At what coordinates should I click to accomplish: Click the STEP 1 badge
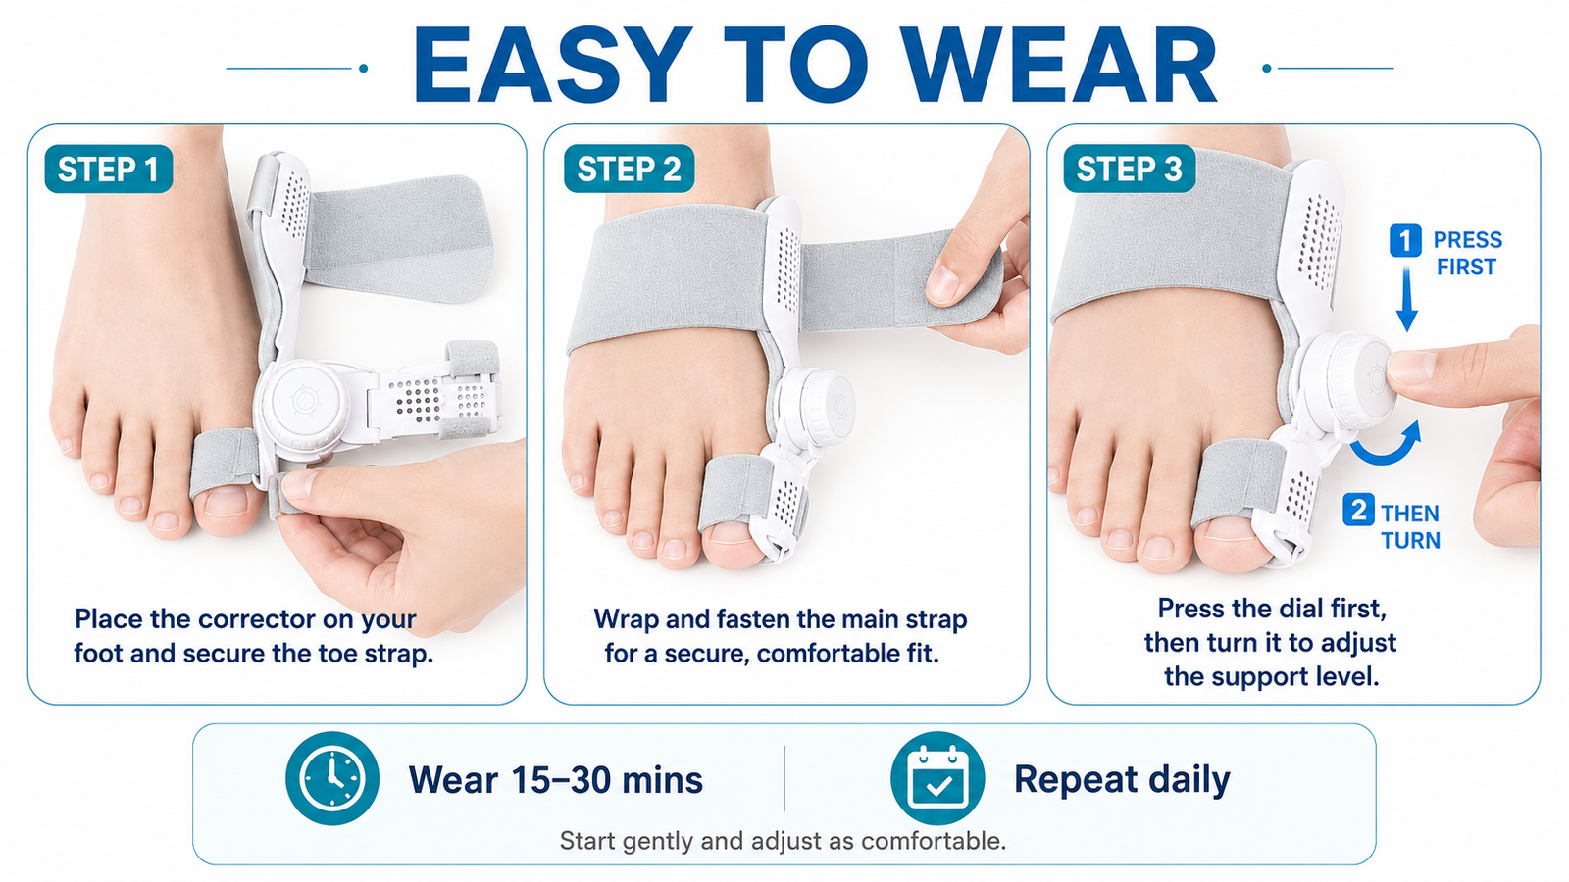(109, 169)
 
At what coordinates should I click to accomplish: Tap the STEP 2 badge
(629, 169)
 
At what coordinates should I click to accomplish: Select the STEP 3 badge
(1129, 169)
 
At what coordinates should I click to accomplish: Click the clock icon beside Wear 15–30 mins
(332, 778)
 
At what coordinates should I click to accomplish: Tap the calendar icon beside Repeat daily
(937, 778)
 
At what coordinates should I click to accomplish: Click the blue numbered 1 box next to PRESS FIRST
(1405, 241)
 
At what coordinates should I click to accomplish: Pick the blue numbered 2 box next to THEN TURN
(1358, 510)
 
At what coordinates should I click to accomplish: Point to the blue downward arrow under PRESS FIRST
(1406, 299)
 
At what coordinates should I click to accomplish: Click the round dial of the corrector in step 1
(305, 401)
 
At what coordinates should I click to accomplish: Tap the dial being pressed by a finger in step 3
(1348, 381)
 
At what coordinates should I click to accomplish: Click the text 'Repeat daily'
(1122, 780)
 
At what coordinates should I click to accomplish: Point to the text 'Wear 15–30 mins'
(555, 780)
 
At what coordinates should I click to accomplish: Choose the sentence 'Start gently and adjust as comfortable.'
(783, 841)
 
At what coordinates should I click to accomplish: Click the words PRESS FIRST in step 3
(1467, 254)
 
